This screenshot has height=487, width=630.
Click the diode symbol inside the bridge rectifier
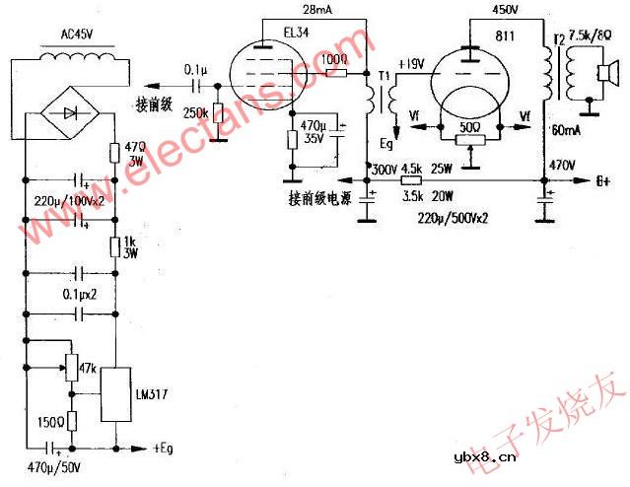pyautogui.click(x=70, y=113)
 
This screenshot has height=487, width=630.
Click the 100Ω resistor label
pyautogui.click(x=335, y=60)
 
